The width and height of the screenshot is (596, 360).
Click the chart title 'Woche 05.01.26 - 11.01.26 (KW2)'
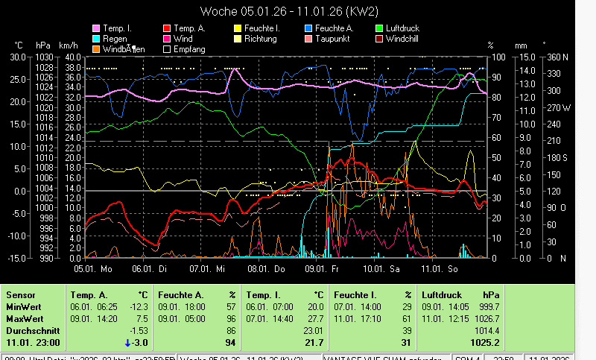point(297,11)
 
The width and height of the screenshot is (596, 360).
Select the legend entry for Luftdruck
point(402,28)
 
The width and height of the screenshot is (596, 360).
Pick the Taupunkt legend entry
point(329,38)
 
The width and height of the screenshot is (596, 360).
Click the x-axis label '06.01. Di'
point(151,268)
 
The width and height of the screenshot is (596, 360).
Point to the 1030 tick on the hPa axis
point(45,57)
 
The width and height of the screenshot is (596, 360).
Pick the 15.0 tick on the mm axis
point(526,57)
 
